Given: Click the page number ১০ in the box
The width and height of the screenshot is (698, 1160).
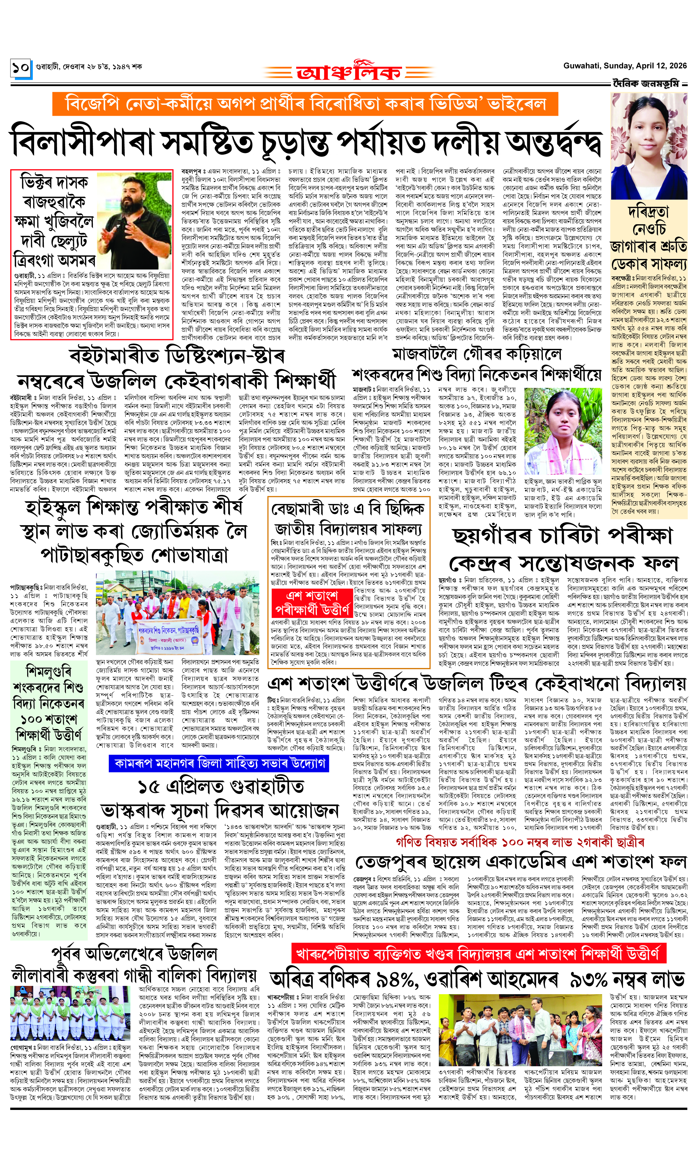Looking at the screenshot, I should click(21, 68).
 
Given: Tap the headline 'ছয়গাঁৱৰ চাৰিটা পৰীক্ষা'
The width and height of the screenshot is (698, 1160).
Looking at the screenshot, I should click(562, 536).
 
